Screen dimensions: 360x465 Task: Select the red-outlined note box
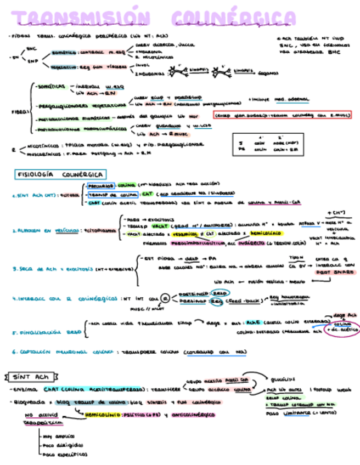(282, 115)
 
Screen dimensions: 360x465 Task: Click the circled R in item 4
(164, 298)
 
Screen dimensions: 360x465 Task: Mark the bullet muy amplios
(58, 436)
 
